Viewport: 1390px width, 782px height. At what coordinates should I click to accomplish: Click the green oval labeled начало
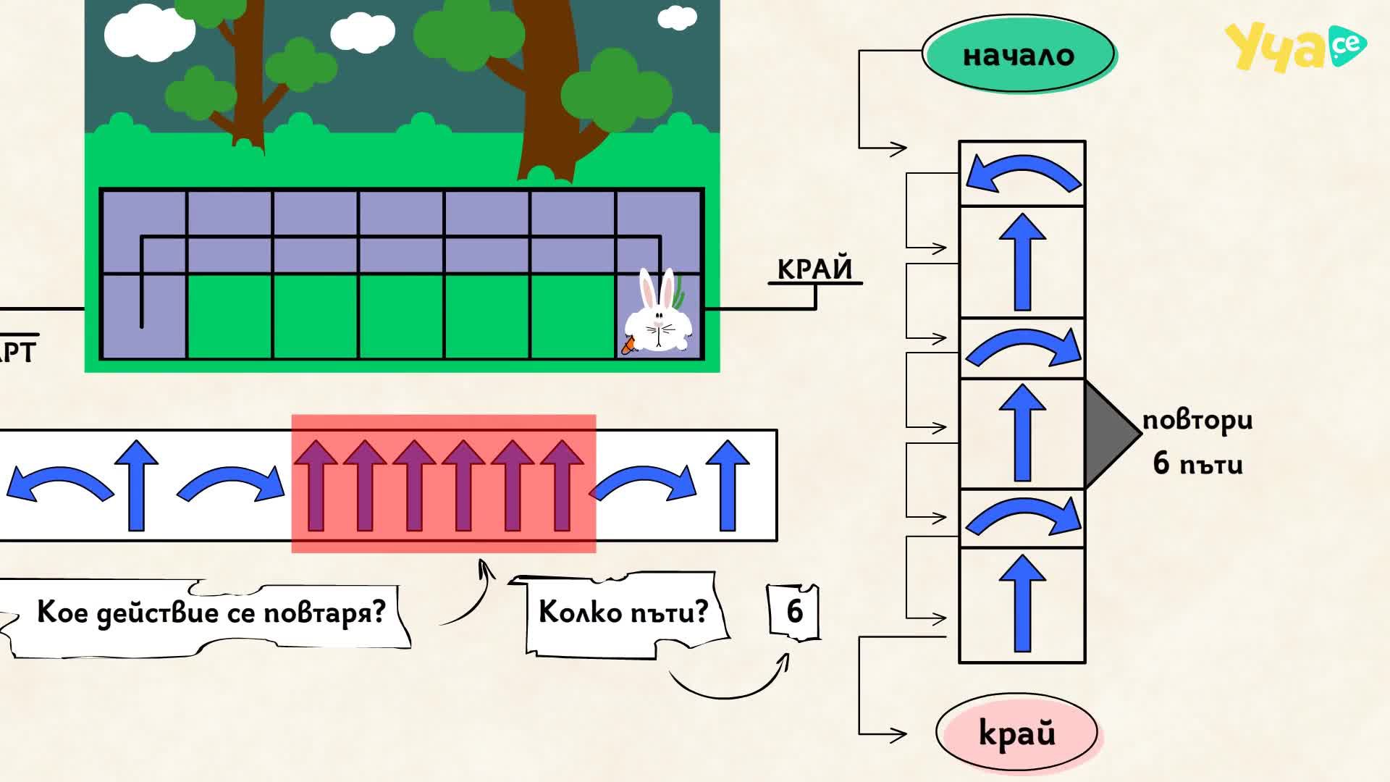click(1019, 54)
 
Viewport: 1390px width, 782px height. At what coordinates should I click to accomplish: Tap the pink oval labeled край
click(1016, 733)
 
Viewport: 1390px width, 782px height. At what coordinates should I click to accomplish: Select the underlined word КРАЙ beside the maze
click(814, 269)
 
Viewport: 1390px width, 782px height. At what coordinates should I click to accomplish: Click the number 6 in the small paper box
click(795, 612)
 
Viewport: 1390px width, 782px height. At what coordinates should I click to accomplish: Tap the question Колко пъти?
click(623, 613)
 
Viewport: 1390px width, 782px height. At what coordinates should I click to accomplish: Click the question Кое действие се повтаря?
click(211, 613)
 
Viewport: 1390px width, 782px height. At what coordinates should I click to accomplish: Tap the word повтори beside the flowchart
click(1197, 421)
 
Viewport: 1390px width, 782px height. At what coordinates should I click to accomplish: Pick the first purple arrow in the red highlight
click(316, 485)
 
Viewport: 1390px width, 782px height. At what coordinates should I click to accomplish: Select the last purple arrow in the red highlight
click(563, 485)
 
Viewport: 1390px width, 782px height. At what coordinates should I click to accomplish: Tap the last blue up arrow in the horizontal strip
click(728, 485)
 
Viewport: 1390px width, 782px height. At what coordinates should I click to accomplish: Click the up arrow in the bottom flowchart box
click(1022, 603)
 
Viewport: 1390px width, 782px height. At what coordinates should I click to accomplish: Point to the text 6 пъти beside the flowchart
click(1198, 463)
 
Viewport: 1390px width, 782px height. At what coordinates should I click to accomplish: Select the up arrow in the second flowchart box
click(1022, 261)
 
